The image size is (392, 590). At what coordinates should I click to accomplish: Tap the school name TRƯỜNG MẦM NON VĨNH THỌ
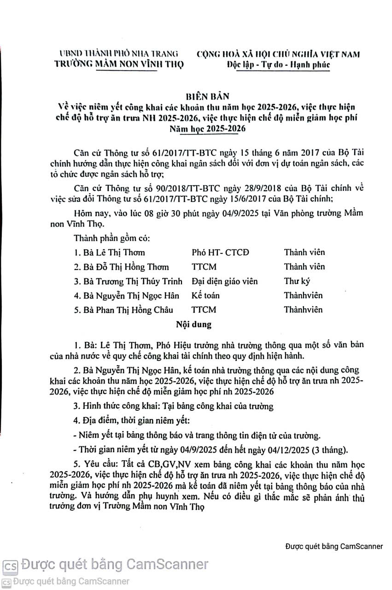tap(119, 64)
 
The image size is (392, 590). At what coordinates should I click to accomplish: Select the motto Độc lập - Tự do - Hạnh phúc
tap(279, 65)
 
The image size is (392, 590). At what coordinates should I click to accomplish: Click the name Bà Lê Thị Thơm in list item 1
tap(109, 252)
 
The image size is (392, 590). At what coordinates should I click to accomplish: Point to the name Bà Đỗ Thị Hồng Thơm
tap(121, 267)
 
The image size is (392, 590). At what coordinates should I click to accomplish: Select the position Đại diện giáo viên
tap(224, 281)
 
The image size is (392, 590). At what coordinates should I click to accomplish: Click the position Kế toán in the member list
tap(205, 295)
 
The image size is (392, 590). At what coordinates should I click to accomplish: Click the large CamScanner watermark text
tap(115, 564)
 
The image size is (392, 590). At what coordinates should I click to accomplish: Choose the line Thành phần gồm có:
tap(111, 239)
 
